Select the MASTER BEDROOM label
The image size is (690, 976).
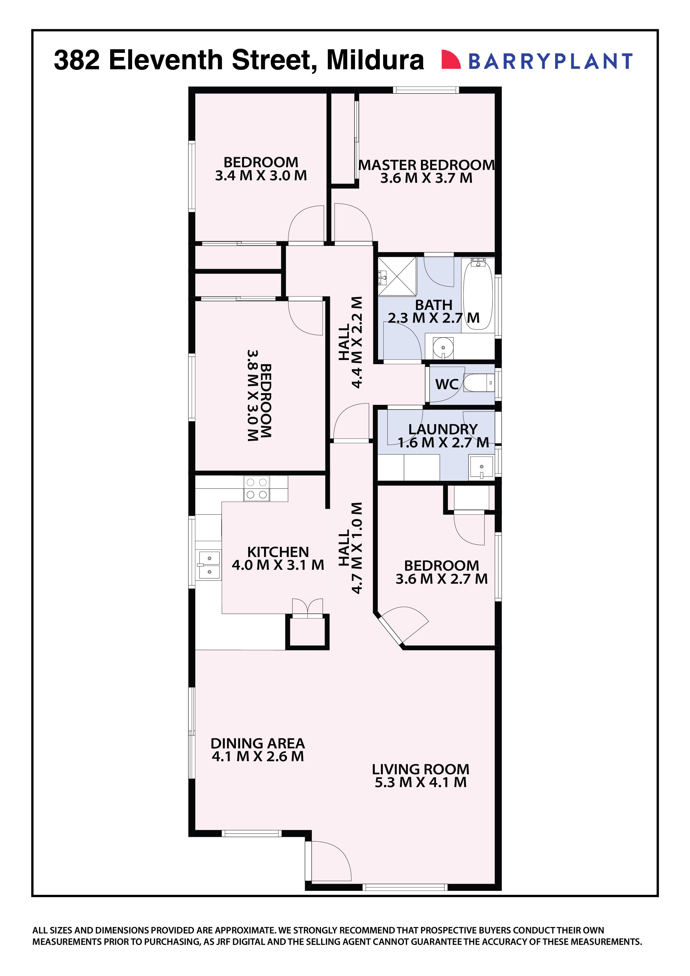tap(427, 165)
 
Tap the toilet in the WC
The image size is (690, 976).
tap(478, 383)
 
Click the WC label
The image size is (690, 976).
tap(446, 384)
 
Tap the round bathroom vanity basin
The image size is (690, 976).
tap(443, 349)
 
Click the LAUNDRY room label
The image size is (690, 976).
tap(443, 429)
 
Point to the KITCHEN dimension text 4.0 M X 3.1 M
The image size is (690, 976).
tap(278, 565)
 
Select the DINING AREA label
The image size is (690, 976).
tap(258, 743)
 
